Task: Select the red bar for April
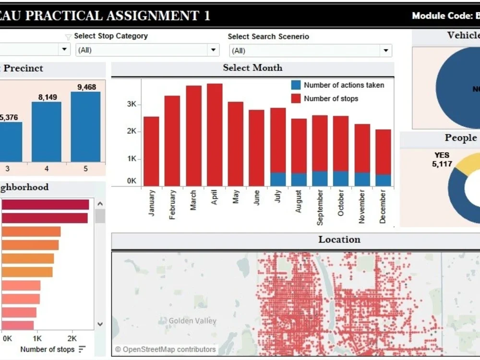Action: pos(215,134)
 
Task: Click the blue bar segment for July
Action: pos(277,179)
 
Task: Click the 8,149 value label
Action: pos(48,97)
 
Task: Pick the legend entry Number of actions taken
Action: pos(344,85)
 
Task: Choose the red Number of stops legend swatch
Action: pos(296,98)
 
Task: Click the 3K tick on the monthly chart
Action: pos(131,104)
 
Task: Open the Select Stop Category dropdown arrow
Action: pos(213,50)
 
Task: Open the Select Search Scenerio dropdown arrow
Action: pos(385,50)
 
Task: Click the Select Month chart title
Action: pos(252,68)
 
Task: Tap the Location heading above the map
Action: pos(339,240)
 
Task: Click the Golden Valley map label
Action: pos(192,321)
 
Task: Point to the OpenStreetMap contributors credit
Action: pos(165,349)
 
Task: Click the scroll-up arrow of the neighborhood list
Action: pos(100,204)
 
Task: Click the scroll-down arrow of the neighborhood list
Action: pos(100,324)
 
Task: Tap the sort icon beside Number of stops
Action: pos(82,349)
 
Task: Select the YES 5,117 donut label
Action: pos(442,160)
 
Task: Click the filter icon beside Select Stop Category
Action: pos(68,37)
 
